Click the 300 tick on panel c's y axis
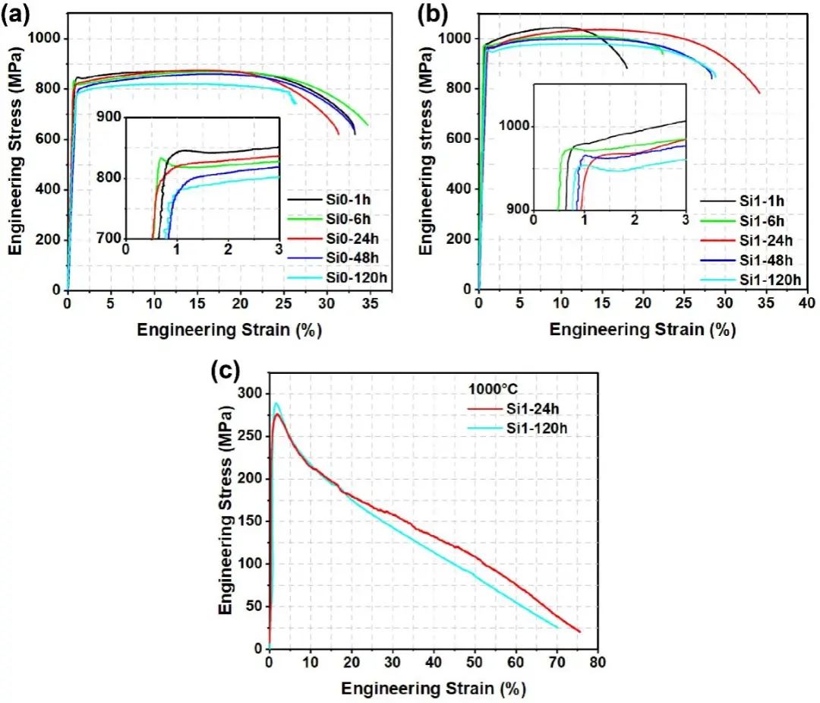click(248, 393)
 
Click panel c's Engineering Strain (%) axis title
click(433, 689)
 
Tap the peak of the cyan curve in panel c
click(276, 404)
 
